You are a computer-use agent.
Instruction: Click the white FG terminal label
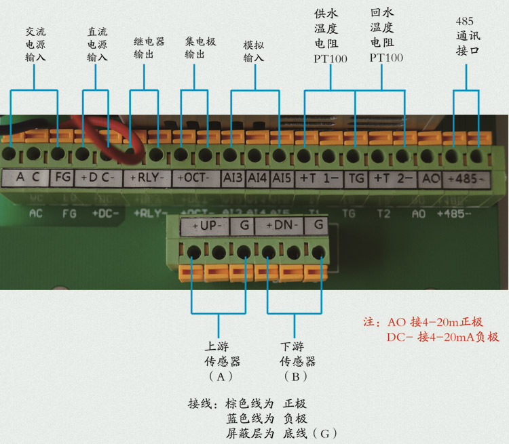[62, 178]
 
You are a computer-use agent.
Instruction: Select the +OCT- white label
[195, 178]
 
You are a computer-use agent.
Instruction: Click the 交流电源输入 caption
[36, 45]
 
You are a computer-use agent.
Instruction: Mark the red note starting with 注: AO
[432, 329]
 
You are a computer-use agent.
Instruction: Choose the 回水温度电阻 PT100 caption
[387, 36]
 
